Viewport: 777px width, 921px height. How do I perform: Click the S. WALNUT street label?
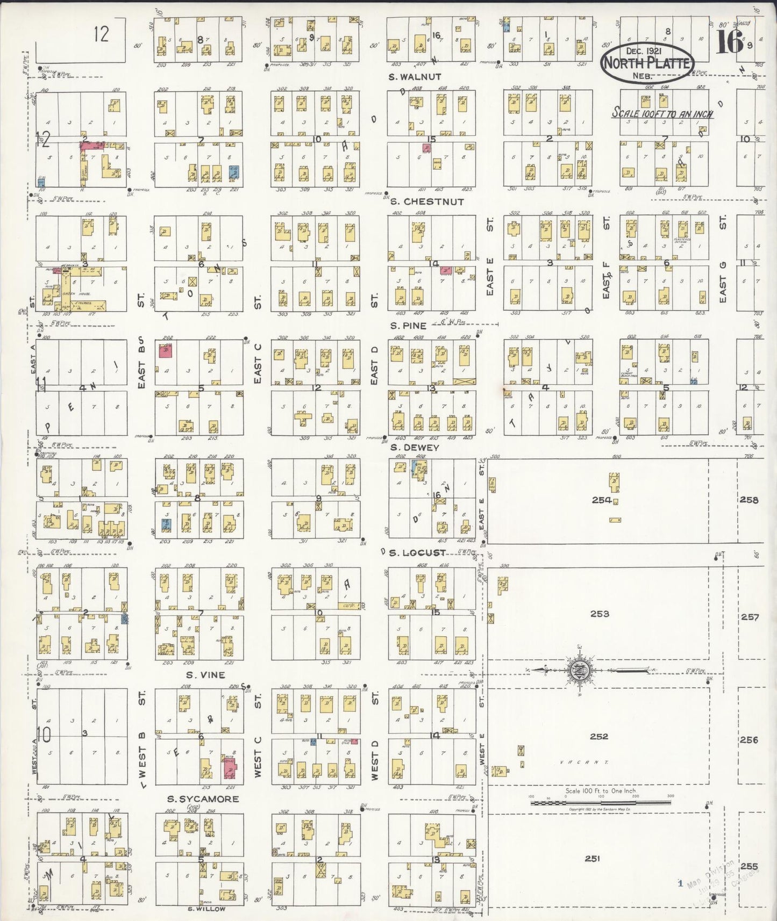pyautogui.click(x=415, y=77)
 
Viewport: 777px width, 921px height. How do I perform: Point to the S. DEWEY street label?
pyautogui.click(x=415, y=447)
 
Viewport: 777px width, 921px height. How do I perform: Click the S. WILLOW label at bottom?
pyautogui.click(x=206, y=909)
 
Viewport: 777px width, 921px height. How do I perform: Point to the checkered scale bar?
pyautogui.click(x=601, y=803)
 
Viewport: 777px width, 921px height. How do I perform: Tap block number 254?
pyautogui.click(x=601, y=500)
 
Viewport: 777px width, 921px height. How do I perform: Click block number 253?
pyautogui.click(x=599, y=614)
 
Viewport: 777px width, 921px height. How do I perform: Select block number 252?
pyautogui.click(x=598, y=736)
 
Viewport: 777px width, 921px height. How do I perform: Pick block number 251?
pyautogui.click(x=591, y=859)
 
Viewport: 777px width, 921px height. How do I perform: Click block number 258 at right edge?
pyautogui.click(x=749, y=500)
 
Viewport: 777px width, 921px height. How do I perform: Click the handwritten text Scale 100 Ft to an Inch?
pyautogui.click(x=663, y=113)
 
